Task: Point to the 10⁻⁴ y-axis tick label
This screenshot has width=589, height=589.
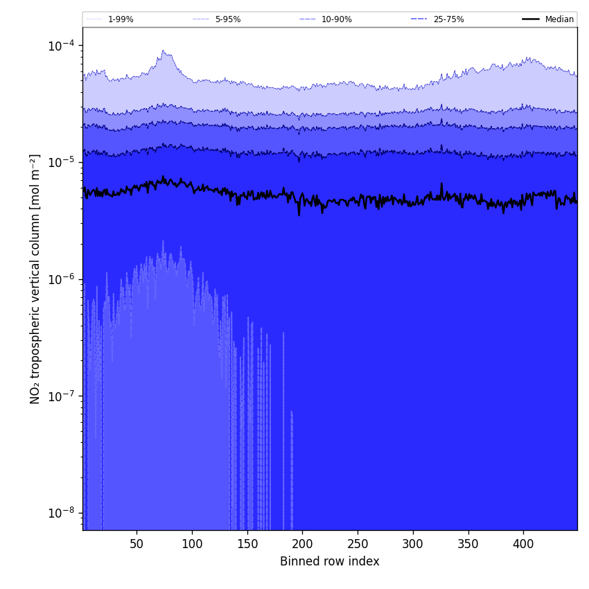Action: (x=62, y=46)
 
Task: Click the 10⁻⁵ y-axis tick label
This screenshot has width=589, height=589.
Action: (x=62, y=162)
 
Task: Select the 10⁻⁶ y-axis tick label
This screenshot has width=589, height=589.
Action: (x=62, y=279)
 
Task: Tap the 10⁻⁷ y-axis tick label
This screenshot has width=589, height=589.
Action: (x=62, y=396)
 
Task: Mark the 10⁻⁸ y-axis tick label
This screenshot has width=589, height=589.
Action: (x=62, y=513)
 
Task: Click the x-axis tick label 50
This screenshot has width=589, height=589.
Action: (x=137, y=544)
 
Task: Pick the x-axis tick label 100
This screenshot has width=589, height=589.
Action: (x=192, y=544)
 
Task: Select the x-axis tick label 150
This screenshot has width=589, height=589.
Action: (x=247, y=544)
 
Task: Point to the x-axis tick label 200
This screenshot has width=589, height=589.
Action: (x=302, y=544)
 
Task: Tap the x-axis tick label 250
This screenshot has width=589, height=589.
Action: (x=358, y=544)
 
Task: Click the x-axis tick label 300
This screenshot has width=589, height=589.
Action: (x=413, y=544)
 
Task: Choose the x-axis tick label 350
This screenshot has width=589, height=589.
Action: (x=468, y=544)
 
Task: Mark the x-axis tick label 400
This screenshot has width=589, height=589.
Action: (x=523, y=544)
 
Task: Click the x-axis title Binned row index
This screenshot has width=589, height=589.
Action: (x=330, y=561)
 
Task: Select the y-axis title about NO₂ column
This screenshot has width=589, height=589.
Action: (x=35, y=279)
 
